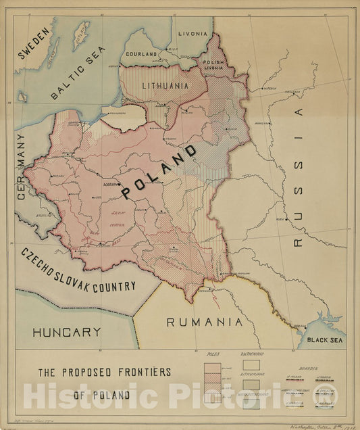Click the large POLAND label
coord(159,171)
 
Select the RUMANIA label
coord(204,322)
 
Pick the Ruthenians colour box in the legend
coord(251,366)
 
